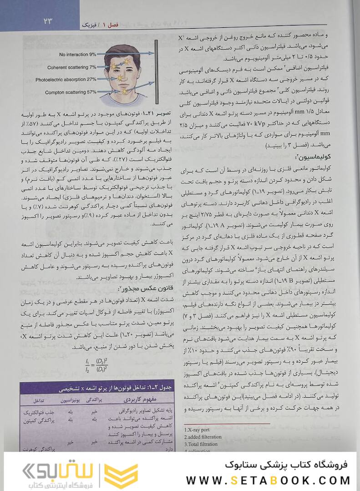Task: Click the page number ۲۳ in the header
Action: [x=48, y=20]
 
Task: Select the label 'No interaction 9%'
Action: [x=77, y=54]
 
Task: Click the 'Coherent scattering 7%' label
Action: [x=71, y=67]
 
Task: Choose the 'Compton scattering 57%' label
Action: [x=71, y=92]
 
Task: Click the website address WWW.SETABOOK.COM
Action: [x=269, y=480]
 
